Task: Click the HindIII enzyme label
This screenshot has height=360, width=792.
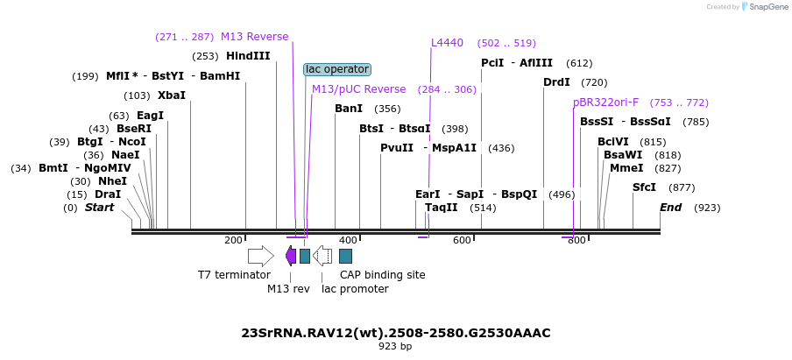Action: tap(248, 56)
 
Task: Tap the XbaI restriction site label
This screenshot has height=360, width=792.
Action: tap(172, 95)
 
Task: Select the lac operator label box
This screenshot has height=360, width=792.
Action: tap(337, 69)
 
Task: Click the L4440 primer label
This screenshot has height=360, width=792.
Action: tap(447, 43)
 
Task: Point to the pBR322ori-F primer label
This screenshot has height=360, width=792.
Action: tap(606, 102)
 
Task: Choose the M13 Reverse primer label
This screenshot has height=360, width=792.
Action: tap(254, 37)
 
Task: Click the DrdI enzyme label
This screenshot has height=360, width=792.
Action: tap(556, 82)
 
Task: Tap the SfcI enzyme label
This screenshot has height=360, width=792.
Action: tap(644, 187)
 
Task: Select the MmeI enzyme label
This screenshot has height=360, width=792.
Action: tap(626, 168)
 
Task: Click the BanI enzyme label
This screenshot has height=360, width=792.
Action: tap(349, 109)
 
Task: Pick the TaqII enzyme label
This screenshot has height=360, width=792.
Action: tap(441, 208)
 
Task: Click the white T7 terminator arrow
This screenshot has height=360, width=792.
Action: tap(260, 256)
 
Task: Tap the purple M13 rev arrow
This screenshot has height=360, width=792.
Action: tap(291, 256)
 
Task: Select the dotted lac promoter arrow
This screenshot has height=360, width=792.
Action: tap(322, 256)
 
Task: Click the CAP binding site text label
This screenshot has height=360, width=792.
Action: tap(383, 275)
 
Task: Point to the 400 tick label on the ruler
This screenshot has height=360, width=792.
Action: tap(348, 240)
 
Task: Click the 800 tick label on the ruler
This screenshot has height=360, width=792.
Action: tap(576, 240)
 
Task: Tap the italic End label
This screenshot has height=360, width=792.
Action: tap(670, 208)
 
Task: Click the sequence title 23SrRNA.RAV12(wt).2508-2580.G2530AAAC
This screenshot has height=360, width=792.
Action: tap(396, 333)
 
